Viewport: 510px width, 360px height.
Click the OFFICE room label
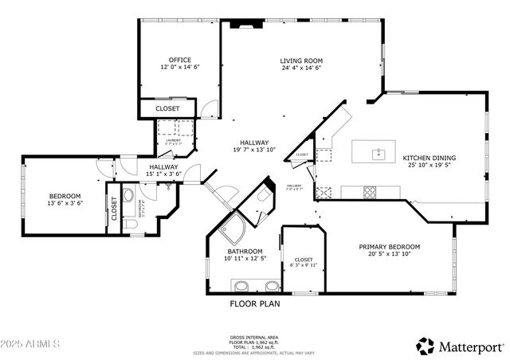(x=178, y=60)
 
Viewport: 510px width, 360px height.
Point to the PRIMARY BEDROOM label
(x=389, y=247)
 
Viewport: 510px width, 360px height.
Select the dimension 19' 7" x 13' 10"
(x=254, y=150)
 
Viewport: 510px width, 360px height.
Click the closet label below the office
(x=167, y=108)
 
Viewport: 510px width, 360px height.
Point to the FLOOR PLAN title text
(x=255, y=303)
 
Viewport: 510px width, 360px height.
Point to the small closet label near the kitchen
(x=302, y=155)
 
